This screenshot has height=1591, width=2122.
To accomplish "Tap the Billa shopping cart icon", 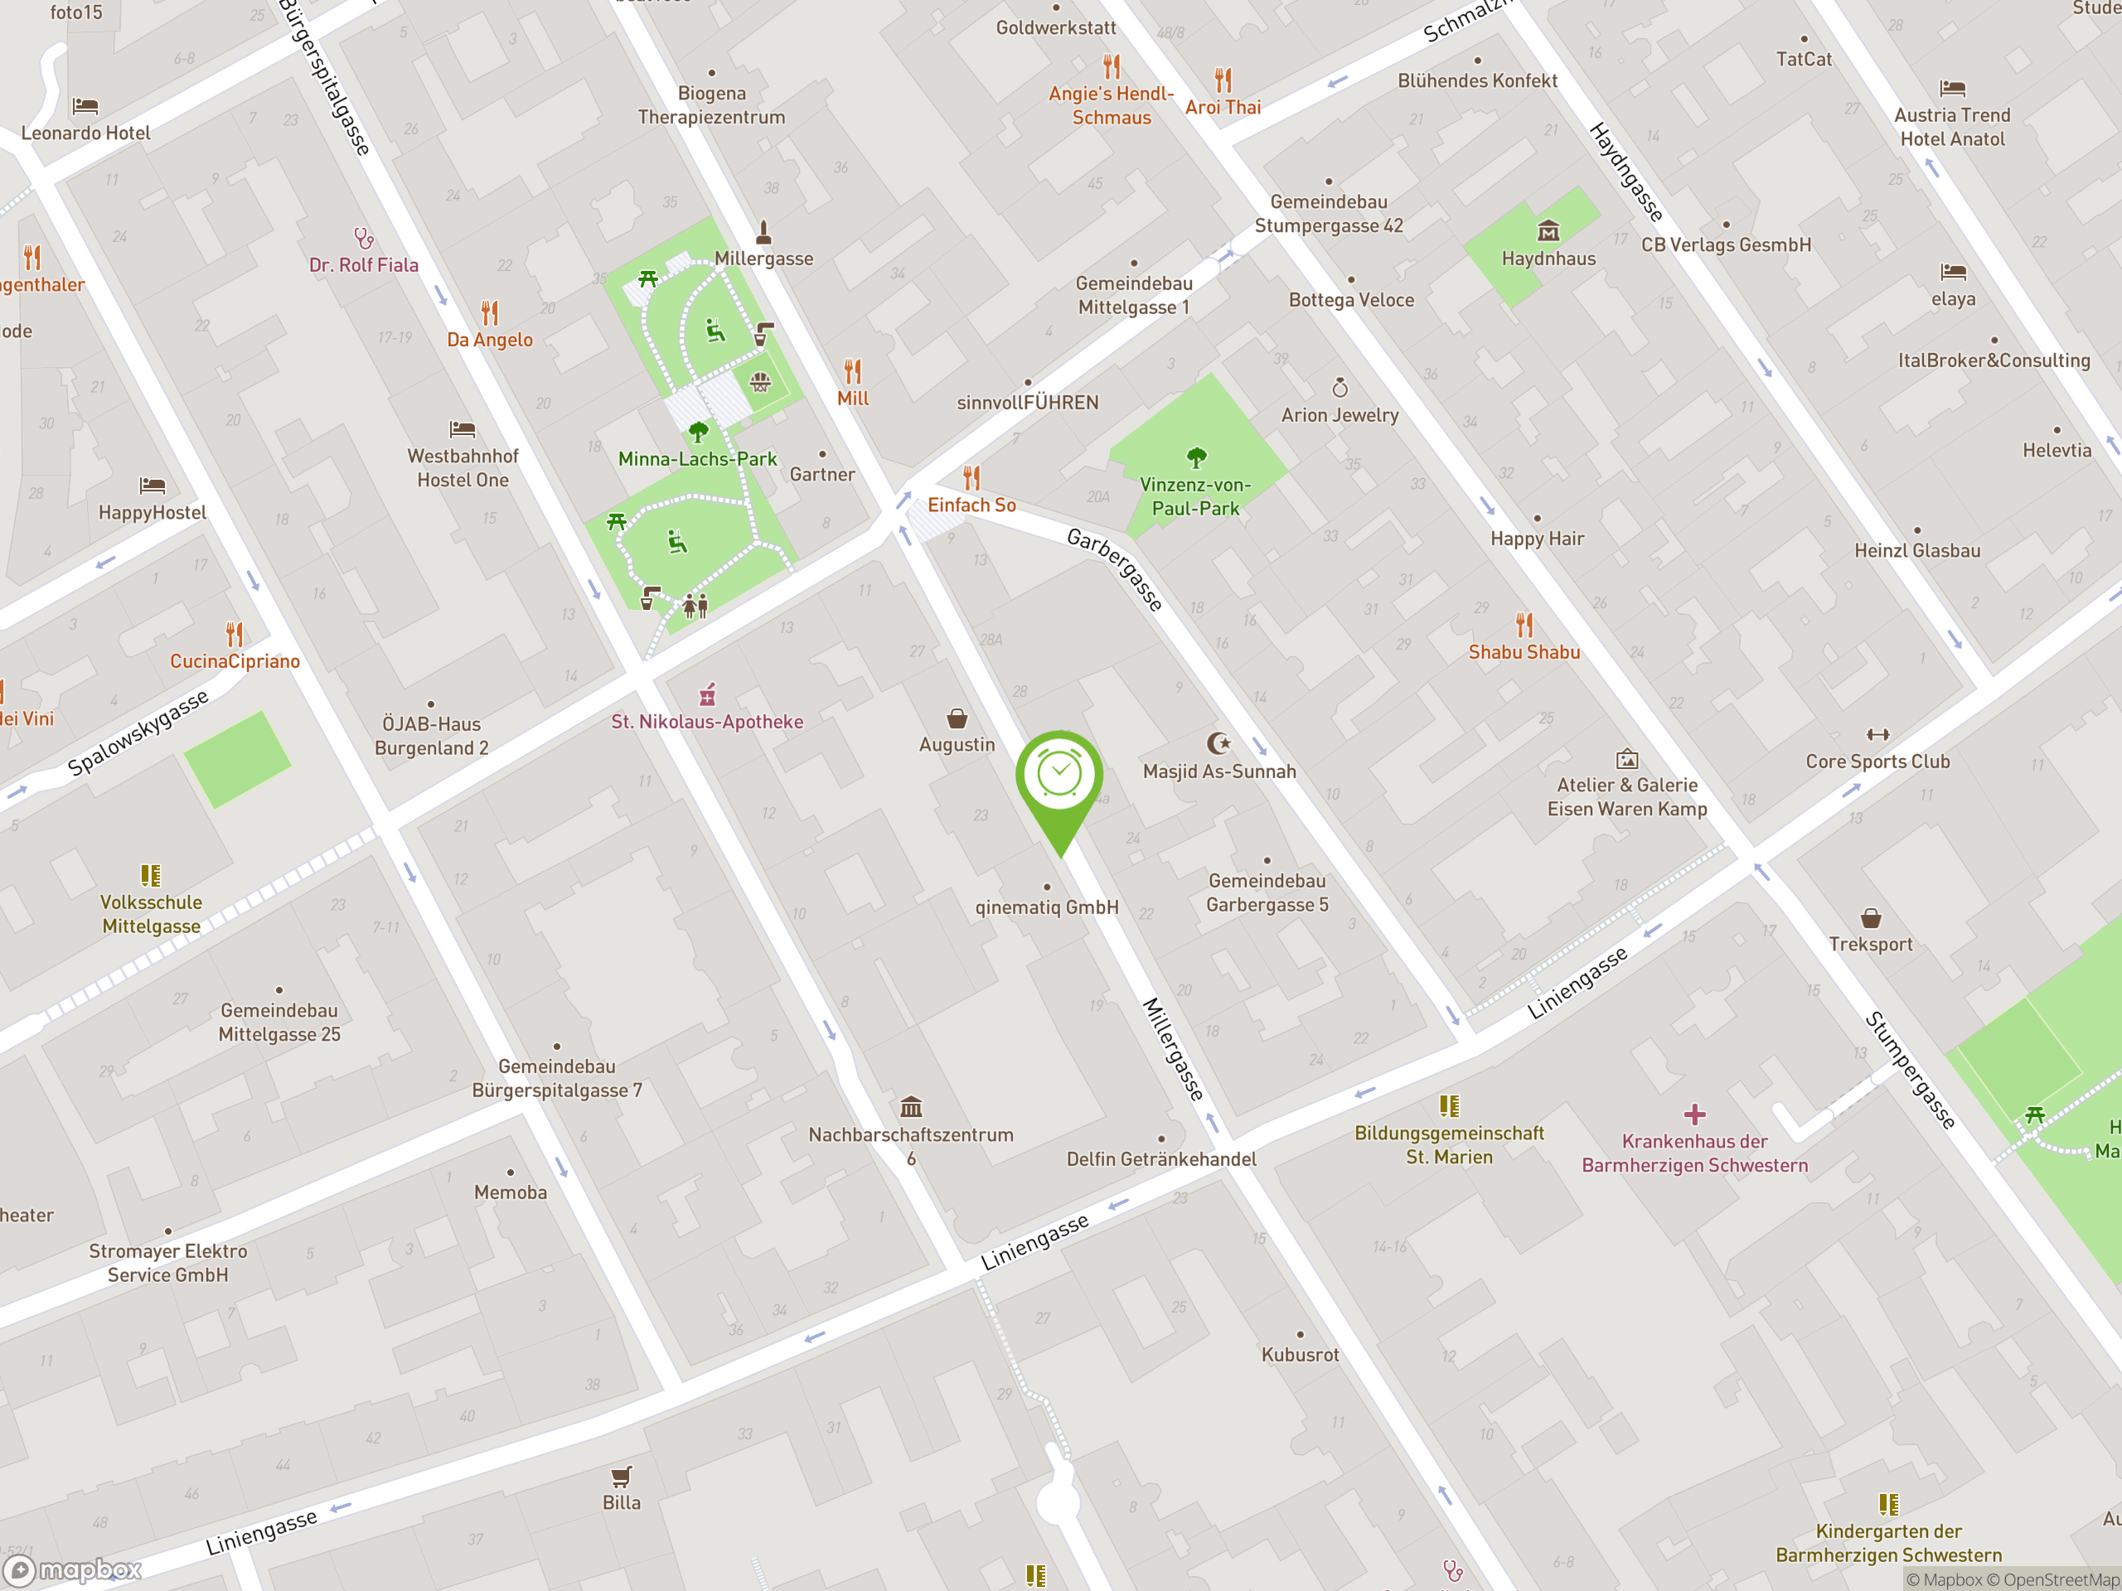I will pyautogui.click(x=621, y=1476).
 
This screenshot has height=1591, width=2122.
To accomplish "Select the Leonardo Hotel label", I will pyautogui.click(x=85, y=133).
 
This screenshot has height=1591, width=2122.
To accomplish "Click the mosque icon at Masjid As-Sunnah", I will pyautogui.click(x=1218, y=743).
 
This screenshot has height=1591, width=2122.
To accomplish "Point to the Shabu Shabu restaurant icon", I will pyautogui.click(x=1524, y=626).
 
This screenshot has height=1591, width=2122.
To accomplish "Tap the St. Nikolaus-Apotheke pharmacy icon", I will pyautogui.click(x=708, y=694).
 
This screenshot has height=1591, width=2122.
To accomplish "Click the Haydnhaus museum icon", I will pyautogui.click(x=1548, y=231).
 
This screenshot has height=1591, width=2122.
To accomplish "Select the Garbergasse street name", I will pyautogui.click(x=1116, y=568).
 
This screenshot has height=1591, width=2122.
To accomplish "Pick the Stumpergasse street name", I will pyautogui.click(x=1909, y=1069).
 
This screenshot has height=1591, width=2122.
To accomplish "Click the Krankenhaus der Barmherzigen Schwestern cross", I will pyautogui.click(x=1694, y=1115).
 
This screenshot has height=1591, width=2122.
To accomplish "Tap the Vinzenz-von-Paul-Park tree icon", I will pyautogui.click(x=1195, y=457).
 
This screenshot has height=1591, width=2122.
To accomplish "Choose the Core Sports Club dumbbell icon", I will pyautogui.click(x=1877, y=735).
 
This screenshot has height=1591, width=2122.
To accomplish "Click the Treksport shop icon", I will pyautogui.click(x=1871, y=918).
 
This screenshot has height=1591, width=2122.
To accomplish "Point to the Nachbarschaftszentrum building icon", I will pyautogui.click(x=910, y=1108).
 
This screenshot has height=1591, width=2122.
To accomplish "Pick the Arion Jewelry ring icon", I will pyautogui.click(x=1340, y=388).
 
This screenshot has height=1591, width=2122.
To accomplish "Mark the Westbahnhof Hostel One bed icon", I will pyautogui.click(x=463, y=428).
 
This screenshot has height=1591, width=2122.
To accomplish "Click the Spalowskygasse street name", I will pyautogui.click(x=138, y=732).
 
